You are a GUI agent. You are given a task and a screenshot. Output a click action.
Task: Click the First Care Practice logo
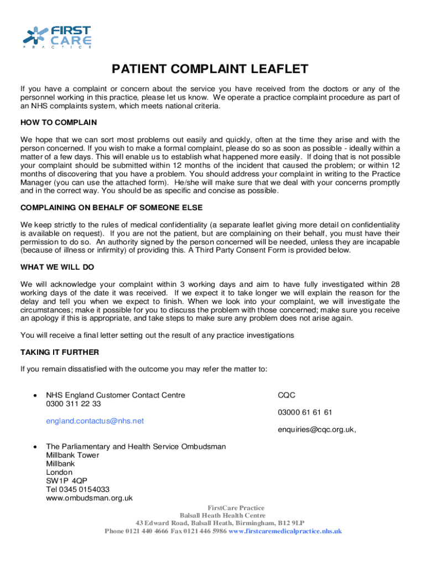pyautogui.click(x=57, y=37)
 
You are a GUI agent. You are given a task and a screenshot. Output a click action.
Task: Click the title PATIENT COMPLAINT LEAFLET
pyautogui.click(x=210, y=69)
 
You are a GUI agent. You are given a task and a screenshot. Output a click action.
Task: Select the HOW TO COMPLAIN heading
pyautogui.click(x=59, y=122)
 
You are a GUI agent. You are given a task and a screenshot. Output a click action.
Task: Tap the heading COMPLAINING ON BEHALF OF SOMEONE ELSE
pyautogui.click(x=112, y=208)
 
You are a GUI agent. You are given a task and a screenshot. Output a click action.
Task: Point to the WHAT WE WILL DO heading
pyautogui.click(x=58, y=267)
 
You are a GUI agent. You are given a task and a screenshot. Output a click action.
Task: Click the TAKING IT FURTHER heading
pyautogui.click(x=60, y=352)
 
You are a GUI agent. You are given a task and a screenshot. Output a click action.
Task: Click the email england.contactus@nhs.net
pyautogui.click(x=95, y=421)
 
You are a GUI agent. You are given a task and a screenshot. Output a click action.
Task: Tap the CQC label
pyautogui.click(x=287, y=395)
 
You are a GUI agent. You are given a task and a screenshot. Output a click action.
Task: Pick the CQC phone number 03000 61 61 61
pyautogui.click(x=305, y=412)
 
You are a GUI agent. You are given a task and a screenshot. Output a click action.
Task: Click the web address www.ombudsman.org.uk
pyautogui.click(x=89, y=498)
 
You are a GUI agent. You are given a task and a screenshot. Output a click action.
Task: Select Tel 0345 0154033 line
pyautogui.click(x=77, y=489)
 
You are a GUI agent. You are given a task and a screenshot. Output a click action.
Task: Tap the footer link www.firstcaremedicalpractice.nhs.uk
pyautogui.click(x=285, y=531)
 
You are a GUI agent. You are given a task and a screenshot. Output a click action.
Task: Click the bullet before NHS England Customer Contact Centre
pyautogui.click(x=35, y=395)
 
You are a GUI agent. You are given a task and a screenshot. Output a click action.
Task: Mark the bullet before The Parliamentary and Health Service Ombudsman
pyautogui.click(x=35, y=447)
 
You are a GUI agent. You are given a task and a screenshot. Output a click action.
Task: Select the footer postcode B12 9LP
pyautogui.click(x=291, y=523)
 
